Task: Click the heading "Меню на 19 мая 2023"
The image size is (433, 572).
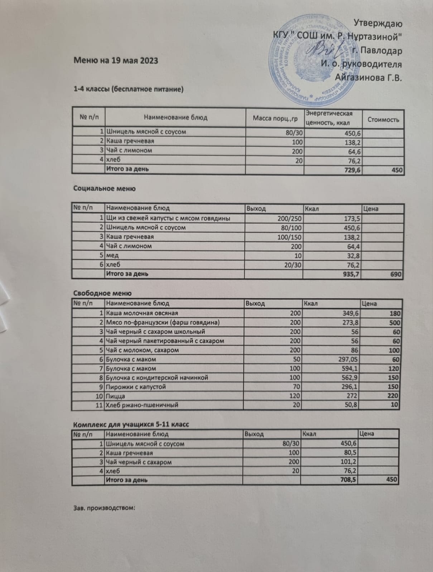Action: (116, 60)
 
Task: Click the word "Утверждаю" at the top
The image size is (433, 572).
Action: (378, 24)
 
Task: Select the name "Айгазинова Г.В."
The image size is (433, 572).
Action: (368, 77)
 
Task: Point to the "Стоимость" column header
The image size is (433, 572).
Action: (383, 120)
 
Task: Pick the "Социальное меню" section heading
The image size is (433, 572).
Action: (104, 189)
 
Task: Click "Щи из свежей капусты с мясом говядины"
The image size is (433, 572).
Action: (168, 218)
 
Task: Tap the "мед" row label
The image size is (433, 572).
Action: (112, 255)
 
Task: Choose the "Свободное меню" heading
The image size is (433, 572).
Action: (102, 293)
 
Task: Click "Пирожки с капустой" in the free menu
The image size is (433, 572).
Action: (135, 387)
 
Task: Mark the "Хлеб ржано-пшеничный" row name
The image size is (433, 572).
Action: (142, 405)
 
